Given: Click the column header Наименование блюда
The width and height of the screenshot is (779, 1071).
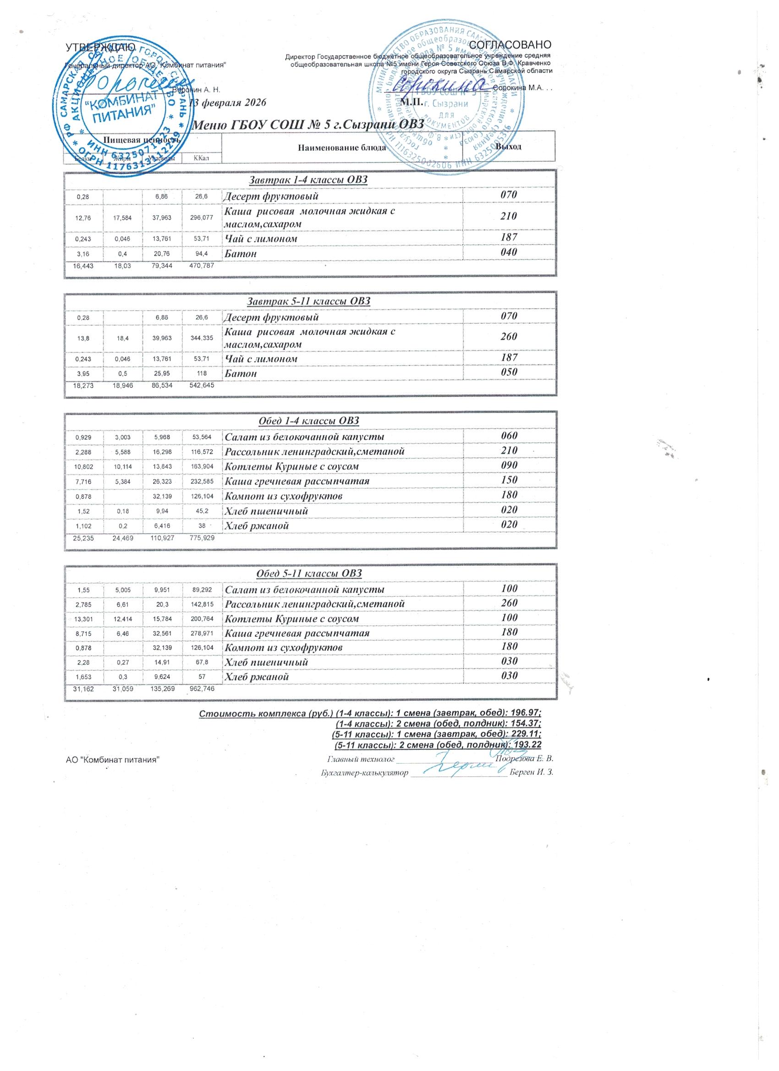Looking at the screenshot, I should [342, 148].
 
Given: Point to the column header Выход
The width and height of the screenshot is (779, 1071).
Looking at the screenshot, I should [508, 147].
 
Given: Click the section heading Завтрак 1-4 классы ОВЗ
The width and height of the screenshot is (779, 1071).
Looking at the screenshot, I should [310, 180].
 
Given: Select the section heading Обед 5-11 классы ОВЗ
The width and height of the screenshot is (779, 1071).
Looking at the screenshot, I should [310, 573].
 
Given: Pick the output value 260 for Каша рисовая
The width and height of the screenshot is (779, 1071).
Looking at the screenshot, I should [509, 337].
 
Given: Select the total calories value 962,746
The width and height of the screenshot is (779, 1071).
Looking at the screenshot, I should [202, 689].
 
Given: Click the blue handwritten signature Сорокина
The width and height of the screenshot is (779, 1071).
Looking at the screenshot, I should [439, 85].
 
